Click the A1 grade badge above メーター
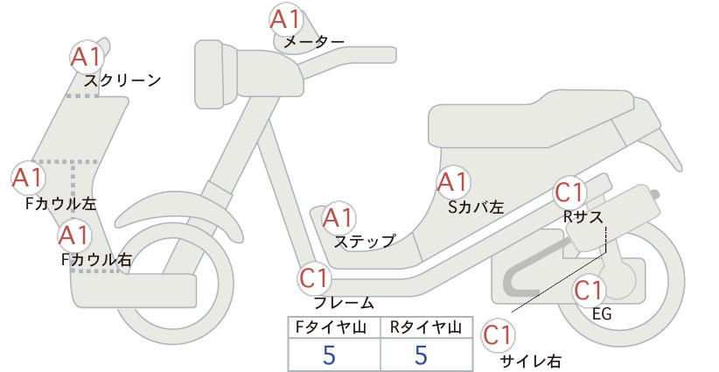[x=286, y=20]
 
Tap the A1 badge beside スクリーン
[x=87, y=57]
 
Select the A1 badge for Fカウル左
[x=28, y=178]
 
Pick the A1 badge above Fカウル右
[x=74, y=235]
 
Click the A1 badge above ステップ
[x=339, y=217]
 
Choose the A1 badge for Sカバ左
[x=453, y=182]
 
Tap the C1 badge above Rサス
[x=569, y=193]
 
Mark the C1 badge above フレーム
[x=315, y=278]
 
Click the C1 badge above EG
[x=589, y=290]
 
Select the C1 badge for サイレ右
[x=498, y=335]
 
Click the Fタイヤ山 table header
[x=331, y=327]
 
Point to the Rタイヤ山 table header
[x=426, y=327]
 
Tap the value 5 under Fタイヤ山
[x=329, y=355]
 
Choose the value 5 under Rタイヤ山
[x=421, y=355]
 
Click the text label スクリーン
[x=122, y=81]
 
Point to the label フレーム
[x=344, y=303]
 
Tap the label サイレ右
[x=531, y=361]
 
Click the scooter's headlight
[x=216, y=74]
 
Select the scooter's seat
[x=532, y=119]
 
